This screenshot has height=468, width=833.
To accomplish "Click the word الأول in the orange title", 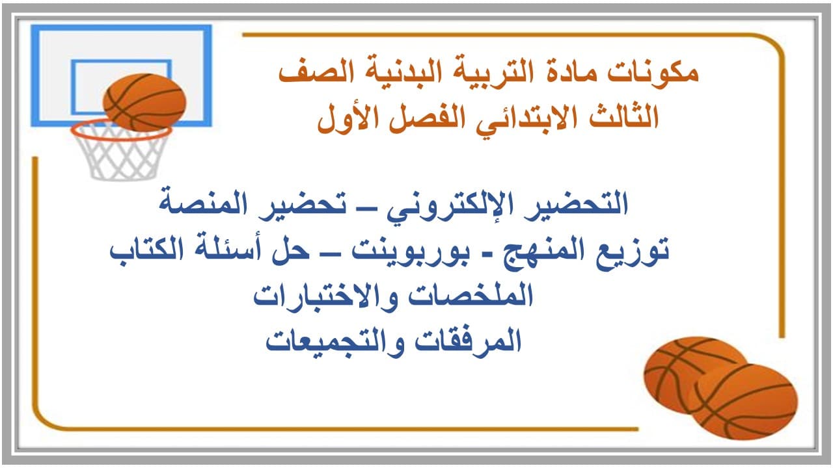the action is click(x=348, y=117).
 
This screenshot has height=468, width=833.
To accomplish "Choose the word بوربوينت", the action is click(x=411, y=251).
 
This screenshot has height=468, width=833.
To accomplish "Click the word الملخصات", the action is click(x=471, y=296).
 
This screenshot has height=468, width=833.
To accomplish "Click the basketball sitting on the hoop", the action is click(x=144, y=102).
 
